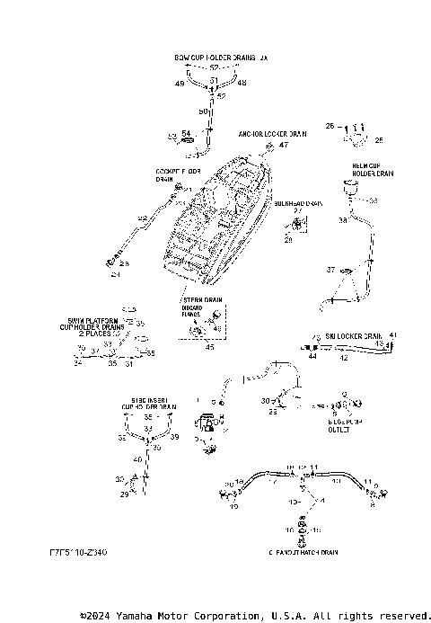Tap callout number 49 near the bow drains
[x=180, y=84]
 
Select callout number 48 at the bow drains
[x=242, y=83]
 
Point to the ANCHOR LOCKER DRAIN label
[x=271, y=134]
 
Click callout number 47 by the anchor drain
[x=285, y=145]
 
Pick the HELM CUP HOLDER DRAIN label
[x=372, y=170]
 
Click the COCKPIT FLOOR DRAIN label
[x=177, y=174]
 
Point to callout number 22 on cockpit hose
[x=142, y=218]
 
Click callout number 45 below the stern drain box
[x=209, y=346]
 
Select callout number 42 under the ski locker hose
[x=343, y=357]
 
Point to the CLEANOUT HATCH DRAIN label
[x=302, y=551]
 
